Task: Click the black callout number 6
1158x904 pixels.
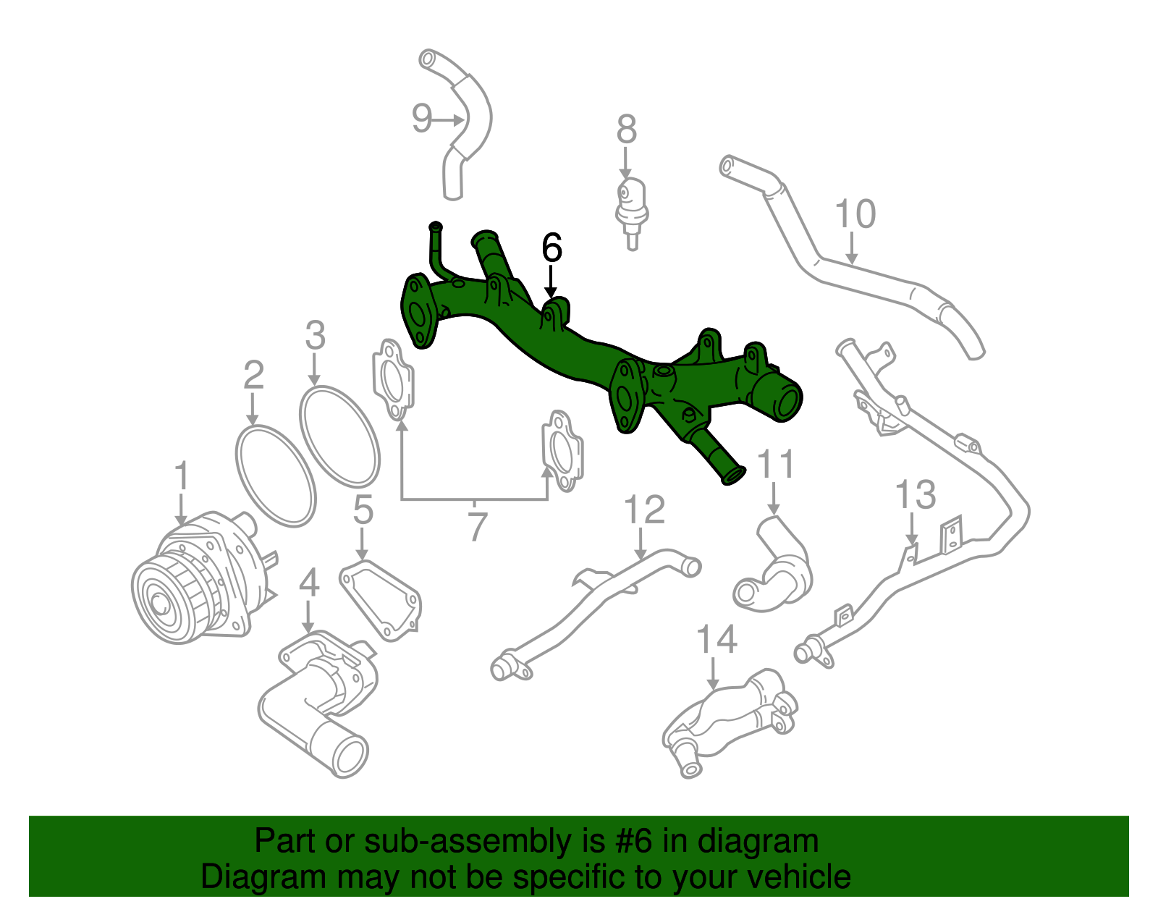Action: [x=551, y=248]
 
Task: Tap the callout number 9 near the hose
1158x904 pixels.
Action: [x=421, y=118]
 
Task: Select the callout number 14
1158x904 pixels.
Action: [x=717, y=640]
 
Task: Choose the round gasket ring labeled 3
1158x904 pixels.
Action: [x=339, y=436]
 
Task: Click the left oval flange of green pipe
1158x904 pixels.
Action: [x=418, y=313]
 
